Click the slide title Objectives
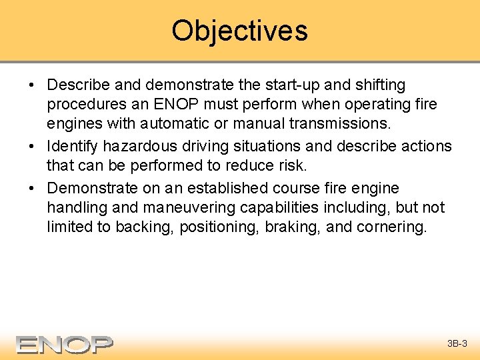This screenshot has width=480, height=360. (239, 31)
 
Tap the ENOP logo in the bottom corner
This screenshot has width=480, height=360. (65, 344)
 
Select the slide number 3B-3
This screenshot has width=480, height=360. (457, 344)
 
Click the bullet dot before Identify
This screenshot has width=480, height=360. (32, 146)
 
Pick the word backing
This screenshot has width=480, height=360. (145, 227)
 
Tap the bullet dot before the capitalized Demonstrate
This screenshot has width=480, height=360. (32, 187)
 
